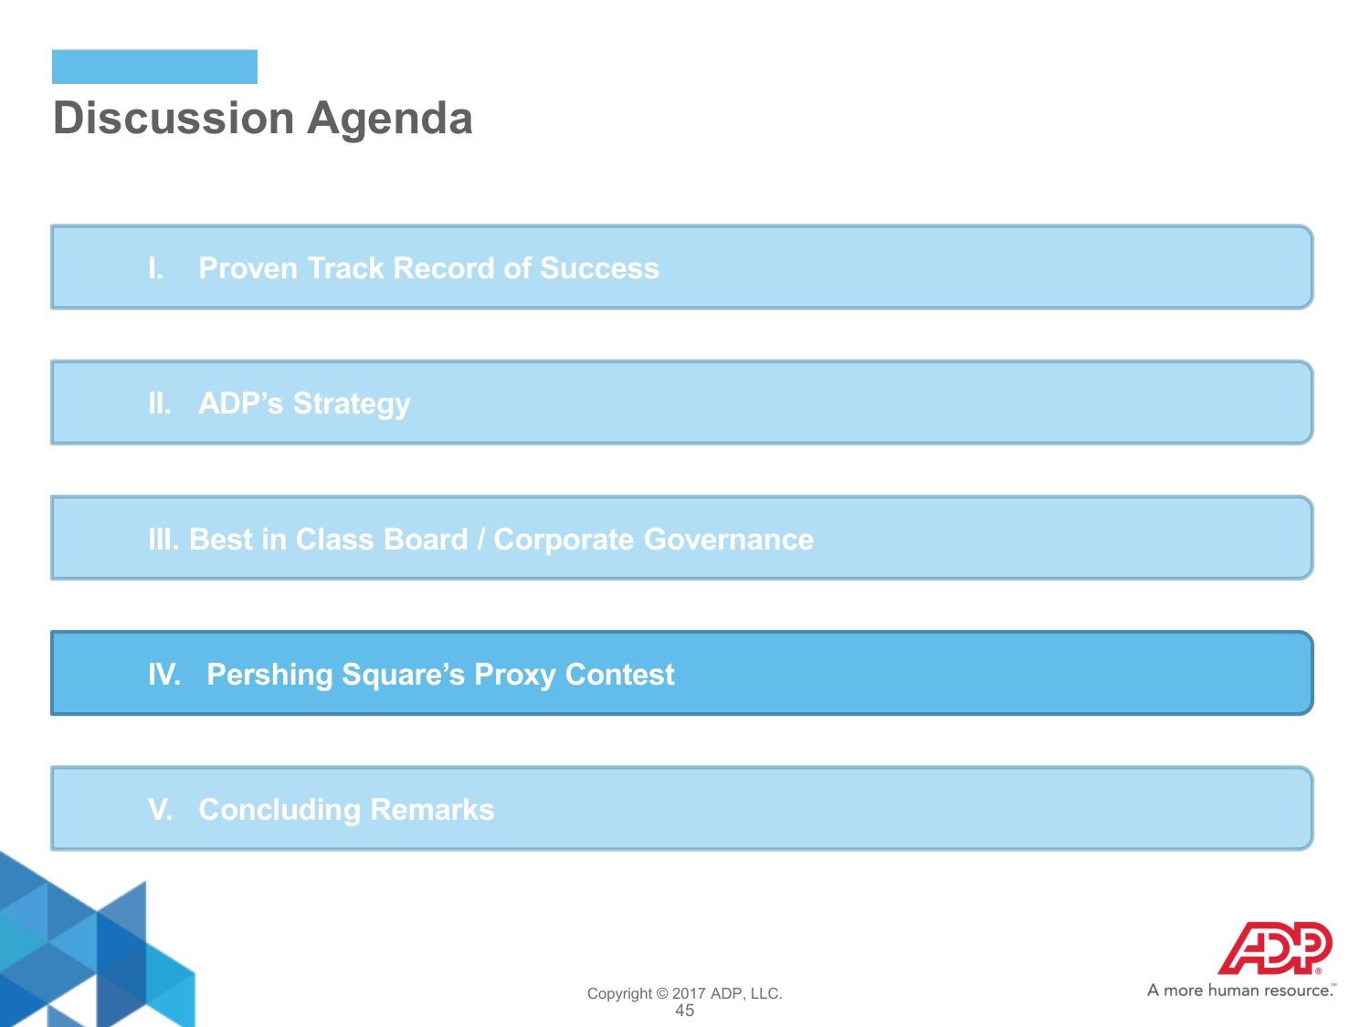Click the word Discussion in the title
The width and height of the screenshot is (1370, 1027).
click(174, 117)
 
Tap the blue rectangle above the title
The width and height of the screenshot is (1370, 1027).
click(154, 67)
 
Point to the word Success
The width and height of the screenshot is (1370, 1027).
click(599, 268)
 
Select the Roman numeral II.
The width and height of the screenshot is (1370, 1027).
click(159, 403)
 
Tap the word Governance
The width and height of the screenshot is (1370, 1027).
click(728, 540)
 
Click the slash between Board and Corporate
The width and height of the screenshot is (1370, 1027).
click(480, 540)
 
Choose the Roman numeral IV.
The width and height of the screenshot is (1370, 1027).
click(164, 675)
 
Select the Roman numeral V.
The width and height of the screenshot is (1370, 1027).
click(161, 810)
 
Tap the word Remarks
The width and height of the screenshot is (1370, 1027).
click(432, 810)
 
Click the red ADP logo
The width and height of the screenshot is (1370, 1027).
click(1274, 948)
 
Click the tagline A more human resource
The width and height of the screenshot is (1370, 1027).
click(1241, 990)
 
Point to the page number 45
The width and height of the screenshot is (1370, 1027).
click(685, 1011)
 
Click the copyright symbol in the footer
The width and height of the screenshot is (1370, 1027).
click(661, 994)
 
